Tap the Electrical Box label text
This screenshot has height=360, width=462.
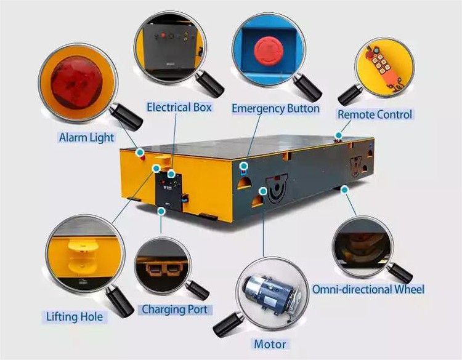[179, 107]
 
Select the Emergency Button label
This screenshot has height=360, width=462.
[275, 109]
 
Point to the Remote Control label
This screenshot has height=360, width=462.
[375, 114]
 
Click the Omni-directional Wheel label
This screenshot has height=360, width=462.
[368, 289]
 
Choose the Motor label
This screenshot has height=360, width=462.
[270, 343]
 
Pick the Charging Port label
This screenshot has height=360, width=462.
[174, 309]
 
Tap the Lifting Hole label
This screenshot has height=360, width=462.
[75, 317]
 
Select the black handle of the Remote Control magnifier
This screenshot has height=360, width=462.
[351, 94]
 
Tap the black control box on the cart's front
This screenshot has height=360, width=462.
[171, 191]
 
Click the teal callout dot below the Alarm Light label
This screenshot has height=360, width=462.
[140, 151]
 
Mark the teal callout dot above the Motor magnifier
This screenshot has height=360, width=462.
[263, 192]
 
